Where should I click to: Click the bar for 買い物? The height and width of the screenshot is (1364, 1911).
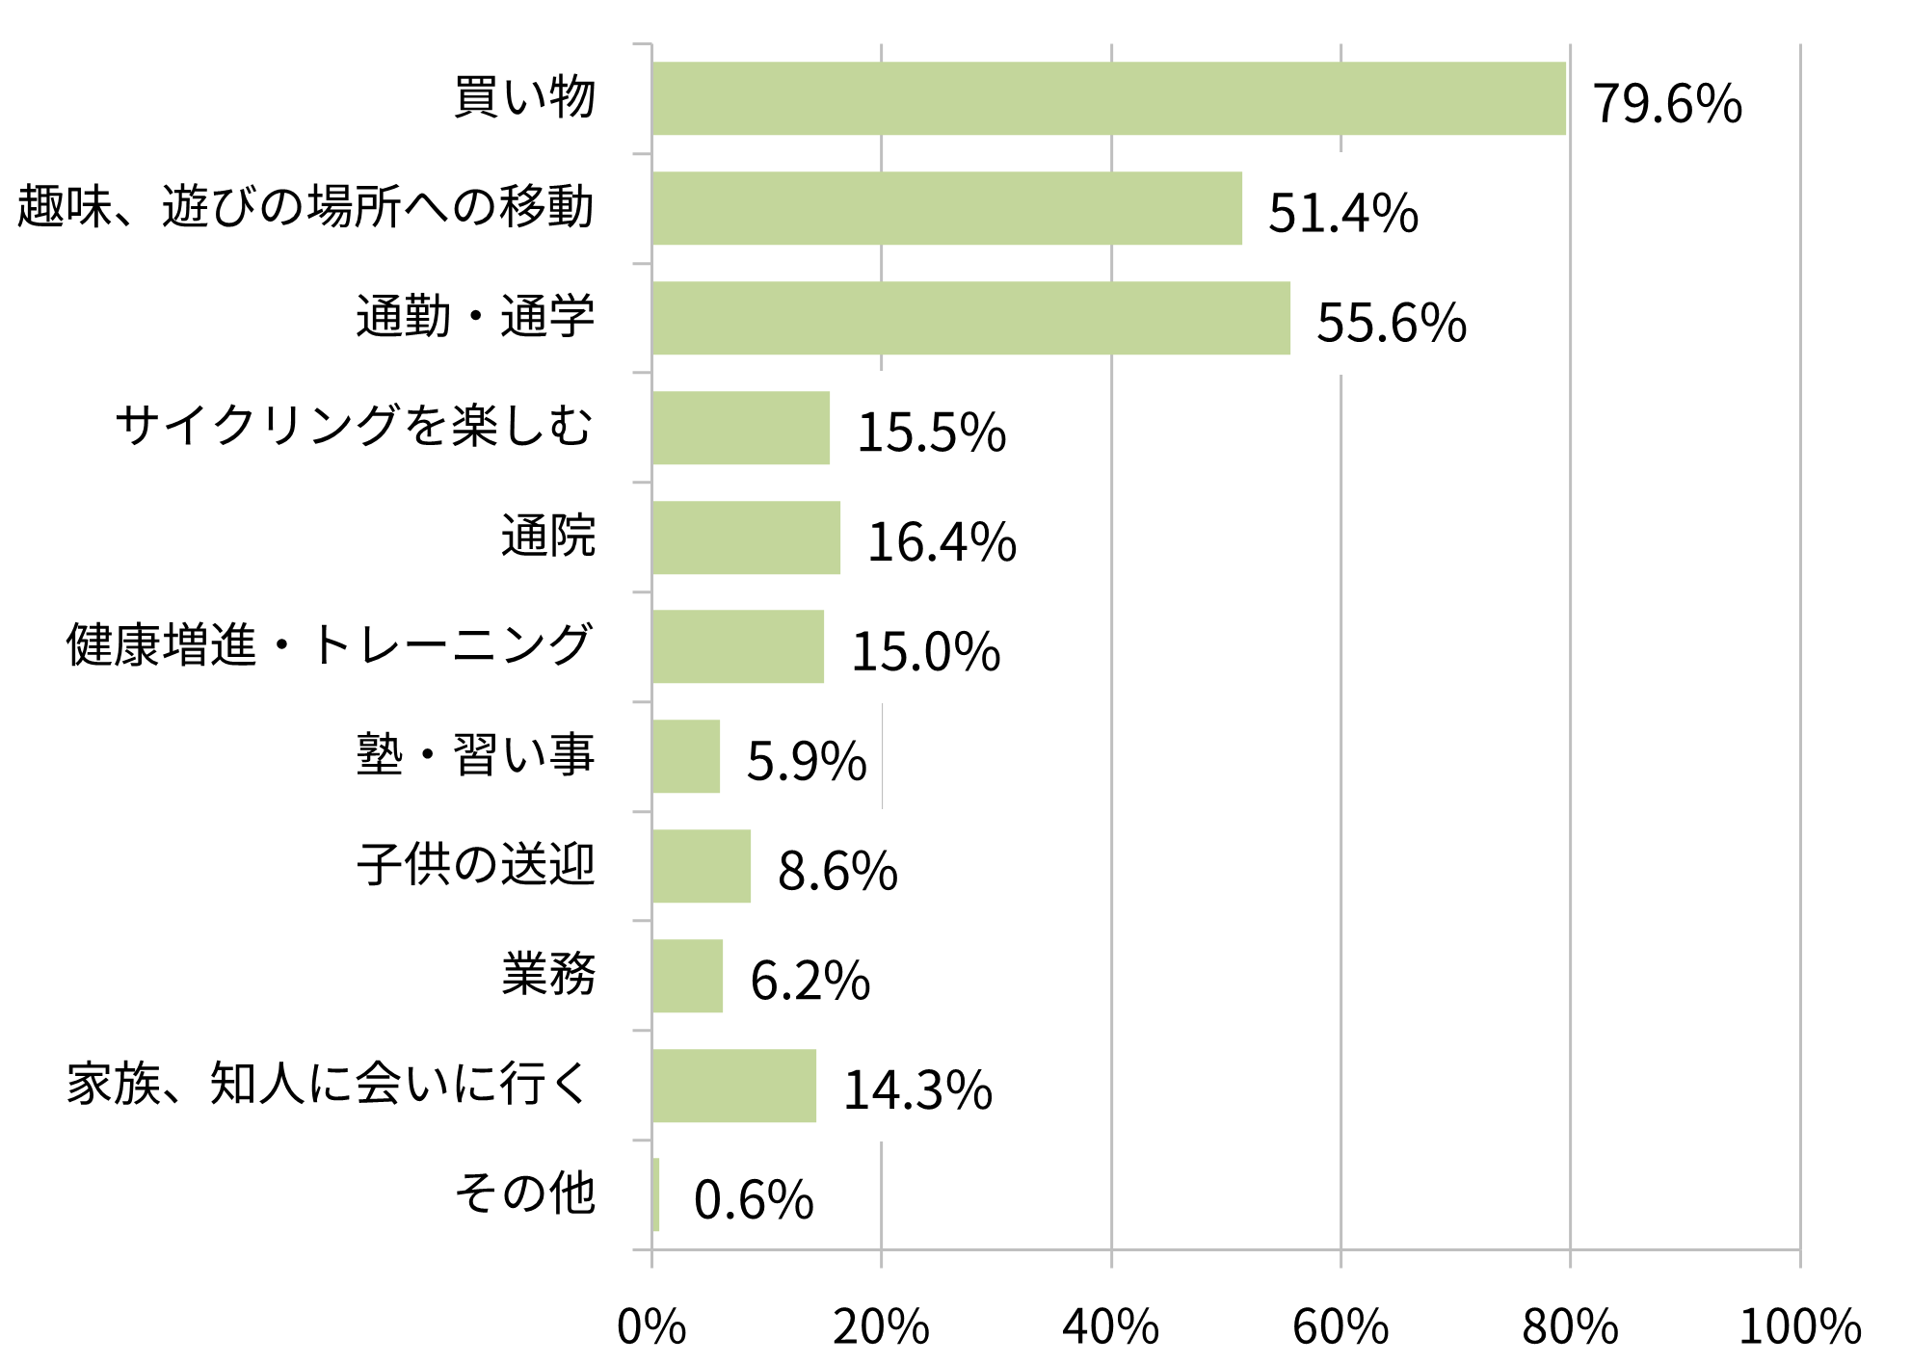coord(1108,98)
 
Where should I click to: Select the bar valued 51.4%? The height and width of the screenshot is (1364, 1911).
coord(946,208)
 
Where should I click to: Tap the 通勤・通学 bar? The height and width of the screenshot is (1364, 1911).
coord(970,318)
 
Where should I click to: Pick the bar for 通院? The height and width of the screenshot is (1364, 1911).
coord(746,538)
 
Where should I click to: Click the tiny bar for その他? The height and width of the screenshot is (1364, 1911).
coord(655,1194)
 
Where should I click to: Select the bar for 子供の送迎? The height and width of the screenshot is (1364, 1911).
coord(701,866)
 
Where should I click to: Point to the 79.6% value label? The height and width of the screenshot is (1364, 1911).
coord(1667,103)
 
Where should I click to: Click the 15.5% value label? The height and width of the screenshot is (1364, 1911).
coord(931,432)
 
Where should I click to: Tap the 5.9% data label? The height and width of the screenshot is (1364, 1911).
coord(807,761)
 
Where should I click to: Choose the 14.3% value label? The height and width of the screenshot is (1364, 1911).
coord(917,1090)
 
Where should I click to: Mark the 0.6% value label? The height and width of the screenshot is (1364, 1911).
coord(754,1200)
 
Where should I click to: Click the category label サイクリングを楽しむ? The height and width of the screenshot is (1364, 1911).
coord(354,426)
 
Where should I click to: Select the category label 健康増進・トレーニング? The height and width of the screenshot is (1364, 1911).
coord(329,645)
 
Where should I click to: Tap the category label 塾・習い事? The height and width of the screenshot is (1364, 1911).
coord(475,754)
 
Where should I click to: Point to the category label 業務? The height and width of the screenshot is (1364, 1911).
coord(548,974)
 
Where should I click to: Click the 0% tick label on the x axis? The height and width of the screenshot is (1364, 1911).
coord(651,1326)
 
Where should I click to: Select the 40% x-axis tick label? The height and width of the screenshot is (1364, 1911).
coord(1110,1326)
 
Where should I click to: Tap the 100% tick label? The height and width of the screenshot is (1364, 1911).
coord(1799,1326)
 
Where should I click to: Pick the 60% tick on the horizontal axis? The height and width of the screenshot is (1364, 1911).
coord(1340,1326)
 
